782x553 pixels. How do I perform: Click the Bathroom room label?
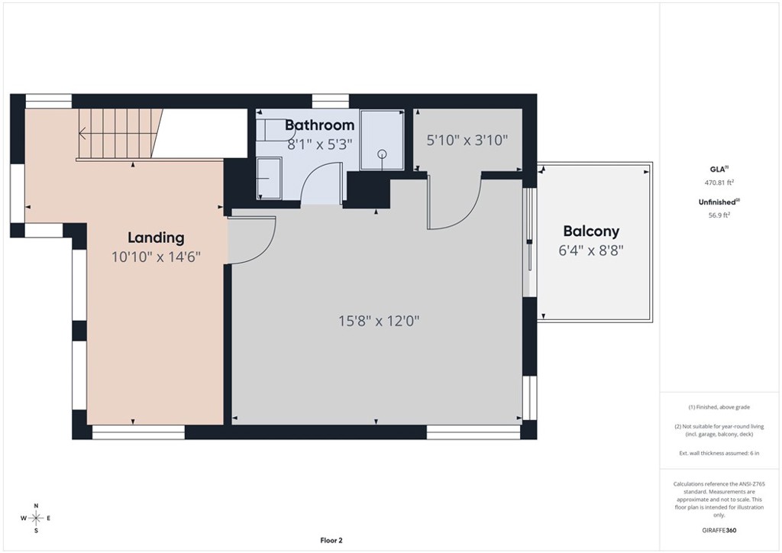[x=320, y=125]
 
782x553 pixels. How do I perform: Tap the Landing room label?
[x=156, y=238]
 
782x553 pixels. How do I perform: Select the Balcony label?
[x=591, y=231]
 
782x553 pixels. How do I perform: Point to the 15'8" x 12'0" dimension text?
[x=379, y=321]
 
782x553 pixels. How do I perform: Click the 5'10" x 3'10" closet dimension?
[x=467, y=140]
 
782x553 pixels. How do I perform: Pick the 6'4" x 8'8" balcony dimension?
[x=591, y=250]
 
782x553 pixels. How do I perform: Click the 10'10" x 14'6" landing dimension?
[x=156, y=257]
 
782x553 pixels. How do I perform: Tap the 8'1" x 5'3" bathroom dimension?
[x=320, y=144]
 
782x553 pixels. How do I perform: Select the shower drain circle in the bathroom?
[x=382, y=154]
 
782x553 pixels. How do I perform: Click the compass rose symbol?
[x=36, y=518]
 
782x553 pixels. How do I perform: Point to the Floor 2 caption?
[x=331, y=540]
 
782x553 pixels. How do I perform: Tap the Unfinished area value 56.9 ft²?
[x=719, y=215]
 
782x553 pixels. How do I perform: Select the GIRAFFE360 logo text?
[x=719, y=530]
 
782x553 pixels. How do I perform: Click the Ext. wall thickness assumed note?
[x=719, y=453]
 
